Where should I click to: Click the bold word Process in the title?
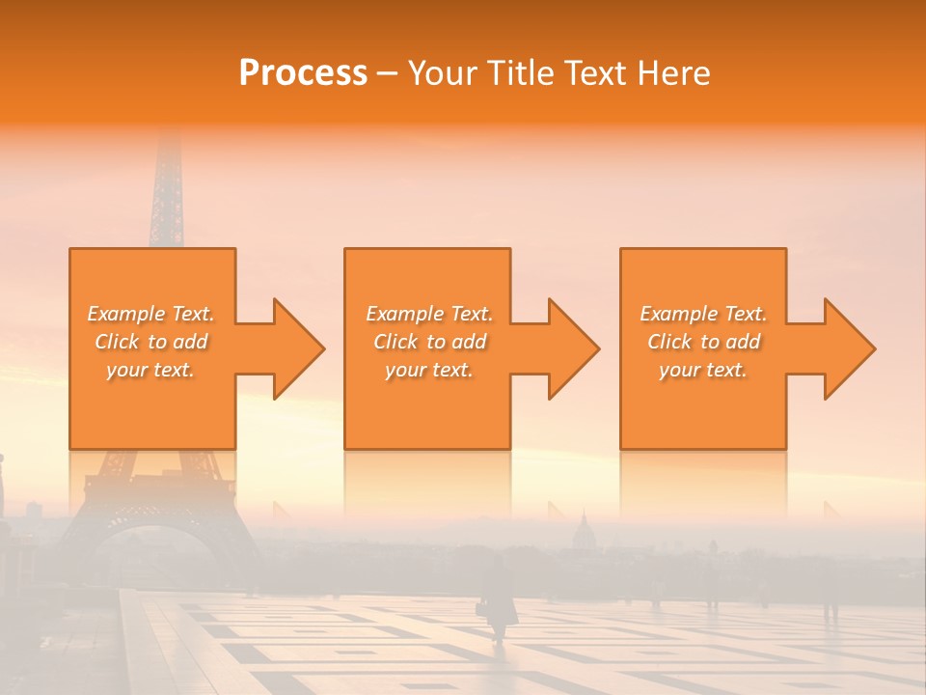coord(303,72)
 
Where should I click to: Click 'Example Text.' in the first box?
coord(150,314)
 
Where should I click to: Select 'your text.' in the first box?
coord(150,370)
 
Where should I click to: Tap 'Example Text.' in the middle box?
coord(429,314)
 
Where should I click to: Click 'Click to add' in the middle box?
coord(429,342)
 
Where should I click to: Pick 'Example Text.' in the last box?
coord(703,314)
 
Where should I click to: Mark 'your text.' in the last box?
coord(703,370)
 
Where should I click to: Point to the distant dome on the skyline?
coord(583,530)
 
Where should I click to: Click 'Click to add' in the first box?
coord(150,342)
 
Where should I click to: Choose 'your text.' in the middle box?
coord(429,370)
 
